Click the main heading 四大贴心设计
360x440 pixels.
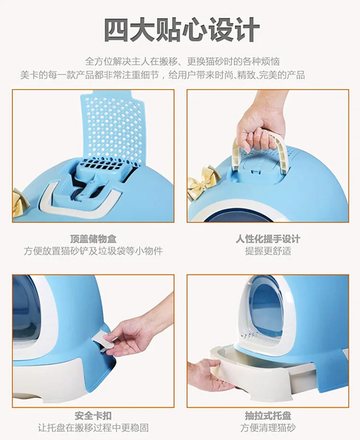181,29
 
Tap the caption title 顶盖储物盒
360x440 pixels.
93,239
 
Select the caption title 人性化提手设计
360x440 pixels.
268,239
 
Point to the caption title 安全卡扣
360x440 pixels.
93,416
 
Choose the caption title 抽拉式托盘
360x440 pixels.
268,416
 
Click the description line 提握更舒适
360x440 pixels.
268,251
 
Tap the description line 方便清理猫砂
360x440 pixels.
268,428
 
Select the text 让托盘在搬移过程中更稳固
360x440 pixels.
93,428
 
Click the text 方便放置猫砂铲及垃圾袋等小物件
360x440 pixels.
93,251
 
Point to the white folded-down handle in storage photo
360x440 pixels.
81,199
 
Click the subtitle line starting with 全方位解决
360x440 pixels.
182,61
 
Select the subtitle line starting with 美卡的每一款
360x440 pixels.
163,75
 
